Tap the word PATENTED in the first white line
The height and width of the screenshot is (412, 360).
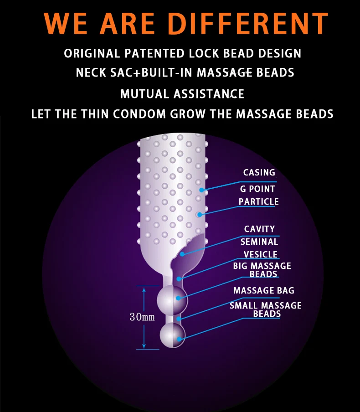point(154,53)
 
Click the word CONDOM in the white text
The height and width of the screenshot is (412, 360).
point(139,114)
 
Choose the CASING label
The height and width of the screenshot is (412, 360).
point(259,172)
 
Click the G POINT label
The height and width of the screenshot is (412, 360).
point(257,189)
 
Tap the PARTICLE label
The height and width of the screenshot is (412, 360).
point(258,201)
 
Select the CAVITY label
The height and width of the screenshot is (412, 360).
point(259,229)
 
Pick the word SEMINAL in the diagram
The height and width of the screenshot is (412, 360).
point(259,242)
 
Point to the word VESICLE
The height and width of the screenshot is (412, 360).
point(260,254)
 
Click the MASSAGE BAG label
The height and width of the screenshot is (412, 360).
point(264,290)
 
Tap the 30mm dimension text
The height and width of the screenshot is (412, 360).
point(142,317)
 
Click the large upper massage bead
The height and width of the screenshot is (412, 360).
point(172,299)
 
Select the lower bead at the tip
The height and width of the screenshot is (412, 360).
point(173,335)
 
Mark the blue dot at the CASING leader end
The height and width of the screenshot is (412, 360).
point(201,190)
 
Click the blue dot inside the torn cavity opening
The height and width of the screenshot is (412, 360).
point(182,254)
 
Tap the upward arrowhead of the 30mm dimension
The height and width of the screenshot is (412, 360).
point(144,290)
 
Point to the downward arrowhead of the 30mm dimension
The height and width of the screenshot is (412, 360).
point(144,346)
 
